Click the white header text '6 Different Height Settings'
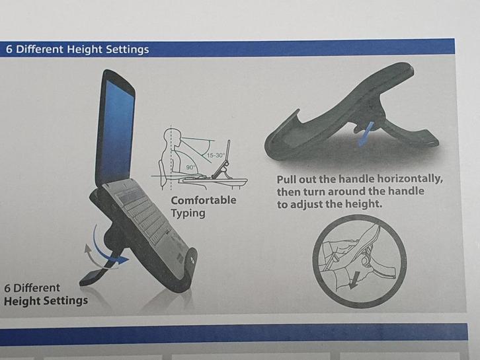coord(77,50)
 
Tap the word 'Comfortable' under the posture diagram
coord(204,200)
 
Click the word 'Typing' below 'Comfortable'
coord(188,213)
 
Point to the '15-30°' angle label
coord(216,155)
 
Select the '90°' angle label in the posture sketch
coord(190,167)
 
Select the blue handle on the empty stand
coord(366,133)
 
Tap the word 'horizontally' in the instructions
coord(410,178)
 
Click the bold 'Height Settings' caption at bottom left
coord(46,301)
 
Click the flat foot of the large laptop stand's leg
coord(92,277)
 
